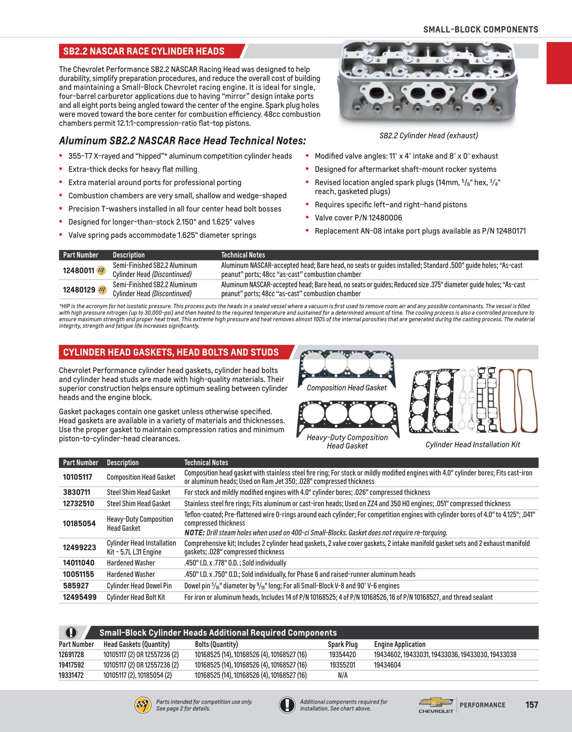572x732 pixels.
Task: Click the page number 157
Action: pos(532,704)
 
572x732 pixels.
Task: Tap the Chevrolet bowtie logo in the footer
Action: pos(436,702)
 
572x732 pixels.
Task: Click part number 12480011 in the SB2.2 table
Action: pos(79,270)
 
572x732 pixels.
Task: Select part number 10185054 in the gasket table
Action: pos(79,524)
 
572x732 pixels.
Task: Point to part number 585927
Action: pos(76,586)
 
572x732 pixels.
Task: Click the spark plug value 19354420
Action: pos(343,654)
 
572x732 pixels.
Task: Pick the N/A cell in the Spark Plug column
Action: pos(343,675)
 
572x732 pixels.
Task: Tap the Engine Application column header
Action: pos(400,644)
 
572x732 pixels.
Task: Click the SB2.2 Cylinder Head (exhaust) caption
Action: pos(429,136)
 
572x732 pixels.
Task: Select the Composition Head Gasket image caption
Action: pos(347,388)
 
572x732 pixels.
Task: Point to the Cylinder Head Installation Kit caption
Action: pos(472,445)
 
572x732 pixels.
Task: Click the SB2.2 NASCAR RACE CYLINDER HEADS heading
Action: pos(144,51)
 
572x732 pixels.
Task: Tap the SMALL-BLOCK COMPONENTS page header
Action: pos(480,29)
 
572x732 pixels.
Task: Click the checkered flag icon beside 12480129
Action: pos(103,290)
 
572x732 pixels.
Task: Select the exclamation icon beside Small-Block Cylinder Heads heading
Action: pos(71,632)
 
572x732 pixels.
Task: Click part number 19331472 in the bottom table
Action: pos(71,675)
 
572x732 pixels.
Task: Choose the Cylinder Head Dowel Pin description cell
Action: pos(139,586)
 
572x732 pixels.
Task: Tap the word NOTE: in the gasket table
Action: pos(194,532)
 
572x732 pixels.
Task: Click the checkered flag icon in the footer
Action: pos(143,705)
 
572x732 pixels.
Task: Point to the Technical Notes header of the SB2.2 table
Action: pos(243,255)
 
